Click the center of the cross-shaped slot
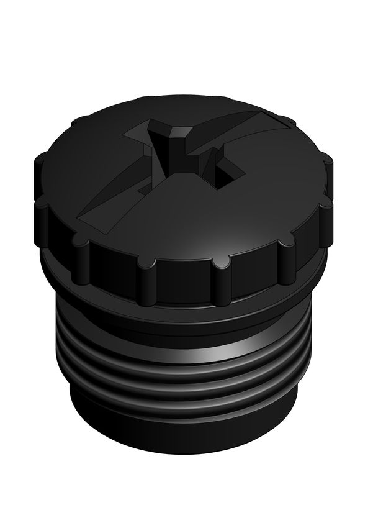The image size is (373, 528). click(180, 155)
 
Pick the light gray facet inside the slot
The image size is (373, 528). click(181, 133)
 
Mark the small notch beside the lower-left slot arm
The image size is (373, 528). click(143, 186)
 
